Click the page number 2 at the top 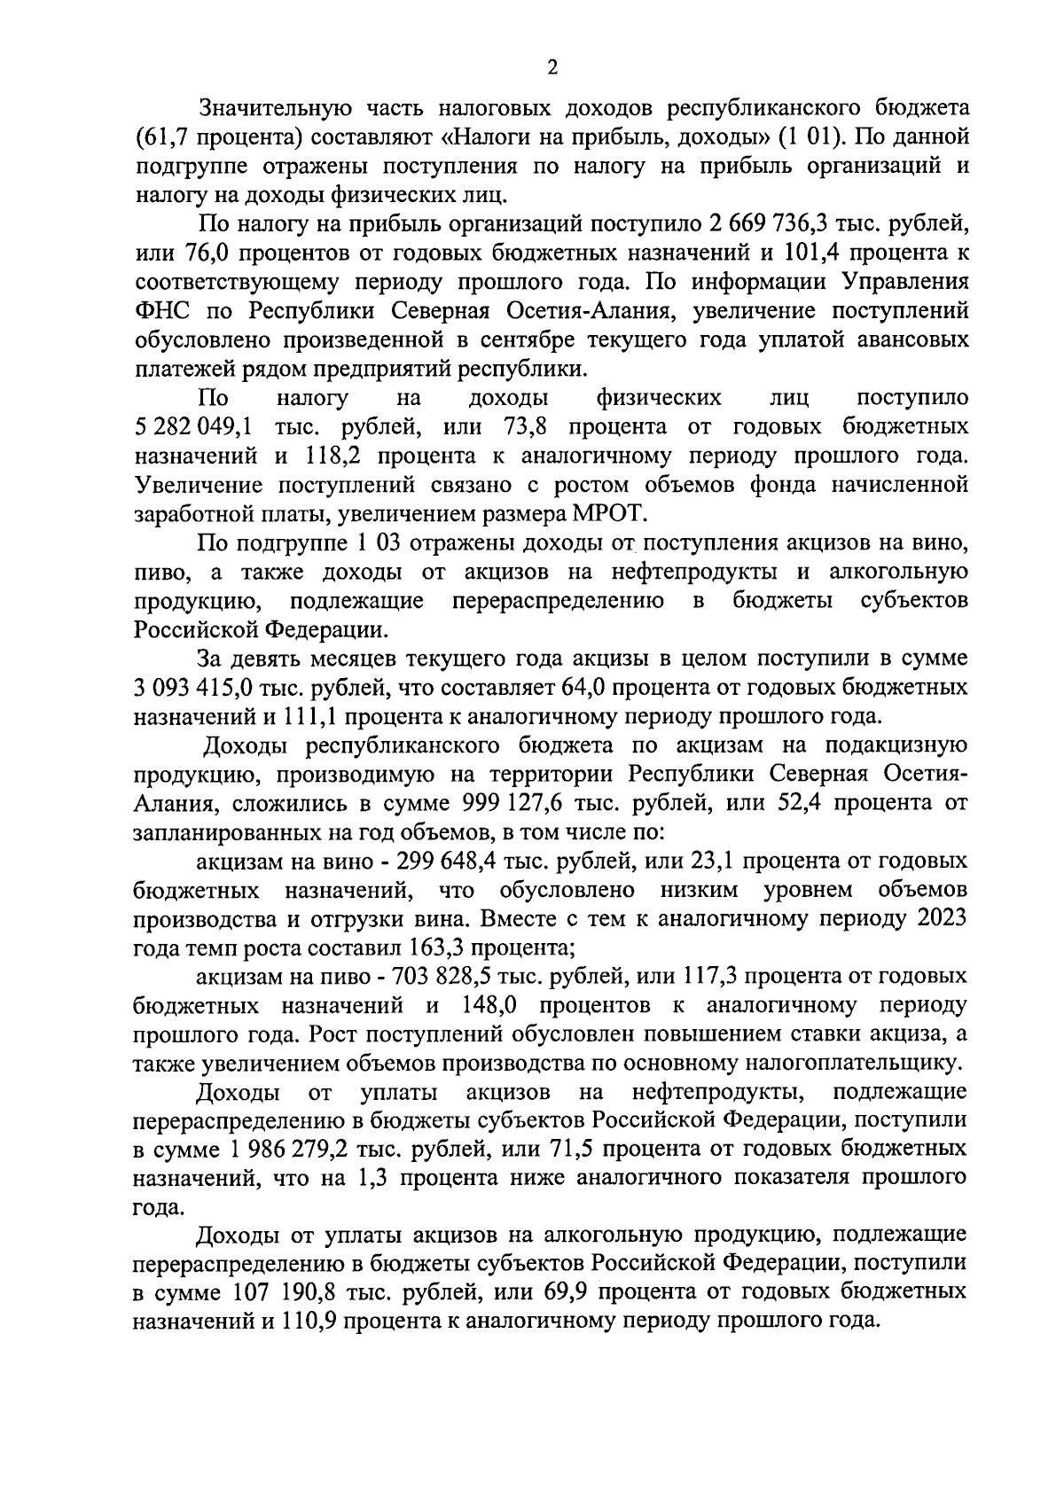coord(552,68)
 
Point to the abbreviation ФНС coord(160,310)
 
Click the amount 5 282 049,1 coord(193,427)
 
